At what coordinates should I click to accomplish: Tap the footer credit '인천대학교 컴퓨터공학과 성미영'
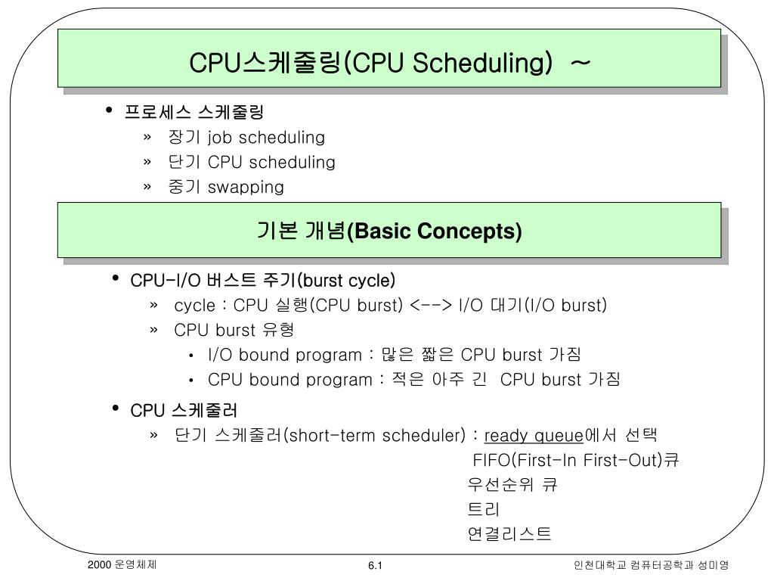click(651, 566)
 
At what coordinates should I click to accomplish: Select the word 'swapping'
click(246, 187)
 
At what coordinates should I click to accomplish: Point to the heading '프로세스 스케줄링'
click(194, 113)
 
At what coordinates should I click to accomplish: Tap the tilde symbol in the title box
click(580, 64)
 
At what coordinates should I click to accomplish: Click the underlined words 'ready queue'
click(534, 436)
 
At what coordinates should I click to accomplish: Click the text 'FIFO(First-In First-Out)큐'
click(575, 461)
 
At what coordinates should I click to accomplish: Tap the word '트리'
click(484, 510)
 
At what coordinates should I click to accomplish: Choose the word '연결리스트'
click(509, 534)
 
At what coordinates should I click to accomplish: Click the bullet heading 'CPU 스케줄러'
click(184, 410)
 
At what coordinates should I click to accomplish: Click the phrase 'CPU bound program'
click(289, 379)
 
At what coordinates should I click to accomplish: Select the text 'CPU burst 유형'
click(234, 330)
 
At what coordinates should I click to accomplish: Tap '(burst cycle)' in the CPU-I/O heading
click(346, 281)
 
